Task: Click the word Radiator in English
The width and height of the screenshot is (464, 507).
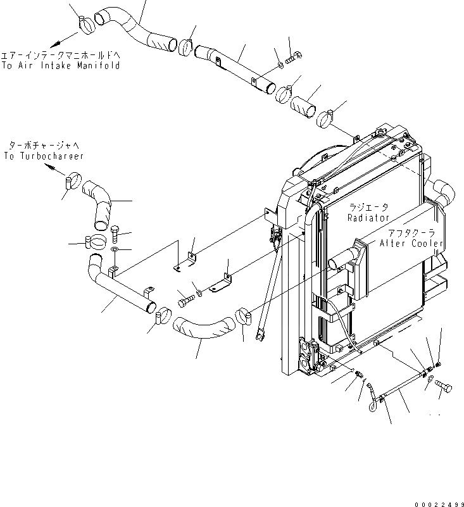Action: point(368,218)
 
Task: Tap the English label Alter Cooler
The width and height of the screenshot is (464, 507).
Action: point(411,244)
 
